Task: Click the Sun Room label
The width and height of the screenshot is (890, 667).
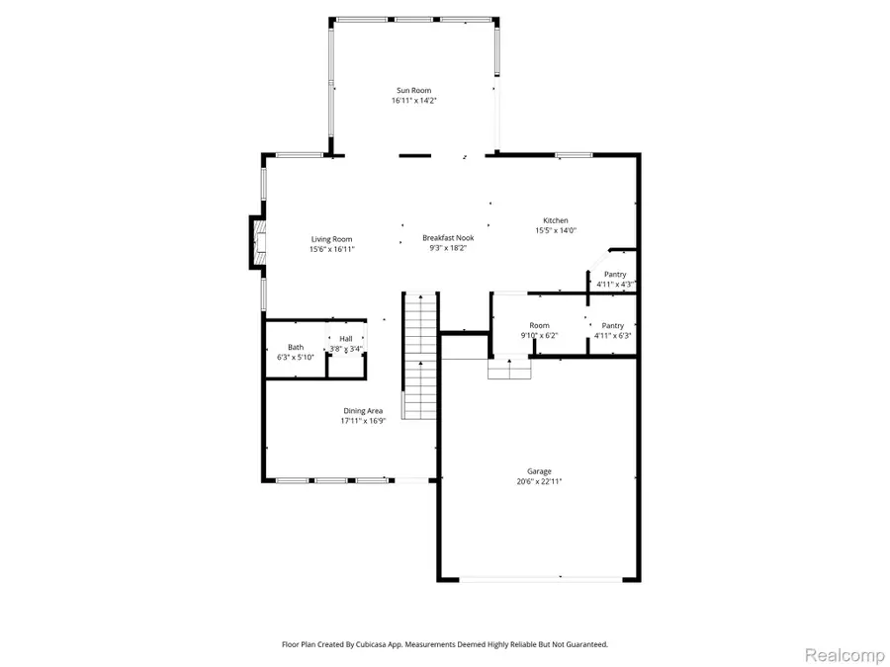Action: coord(413,90)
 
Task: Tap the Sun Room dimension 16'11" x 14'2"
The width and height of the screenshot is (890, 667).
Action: coord(413,100)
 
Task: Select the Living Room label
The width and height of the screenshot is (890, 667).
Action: coord(331,239)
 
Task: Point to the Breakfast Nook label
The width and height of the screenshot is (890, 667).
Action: coord(448,237)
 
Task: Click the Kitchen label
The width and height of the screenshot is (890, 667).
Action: coord(555,220)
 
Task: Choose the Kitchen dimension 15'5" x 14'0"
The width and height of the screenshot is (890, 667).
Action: coord(555,230)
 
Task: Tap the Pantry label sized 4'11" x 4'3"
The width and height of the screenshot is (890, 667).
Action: coord(614,275)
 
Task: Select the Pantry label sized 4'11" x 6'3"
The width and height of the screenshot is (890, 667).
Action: coord(612,325)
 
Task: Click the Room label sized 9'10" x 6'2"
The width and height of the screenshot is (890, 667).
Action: coord(539,325)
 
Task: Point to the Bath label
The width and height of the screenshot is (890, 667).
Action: coord(296,347)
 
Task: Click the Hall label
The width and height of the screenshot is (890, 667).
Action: coord(346,339)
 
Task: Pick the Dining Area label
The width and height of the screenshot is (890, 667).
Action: coord(363,411)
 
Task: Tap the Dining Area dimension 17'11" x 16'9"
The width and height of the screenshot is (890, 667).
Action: coord(363,421)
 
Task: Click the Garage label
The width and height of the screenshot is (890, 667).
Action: coord(539,471)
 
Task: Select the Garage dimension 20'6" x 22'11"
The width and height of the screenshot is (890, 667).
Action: coord(539,481)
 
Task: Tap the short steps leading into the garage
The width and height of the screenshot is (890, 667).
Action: coord(509,370)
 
